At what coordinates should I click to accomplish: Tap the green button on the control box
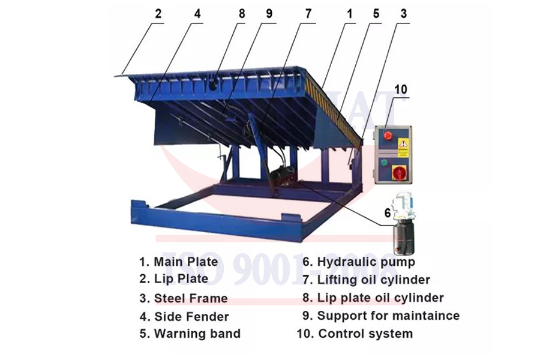pyautogui.click(x=384, y=161)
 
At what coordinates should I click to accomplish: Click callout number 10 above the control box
pyautogui.click(x=400, y=90)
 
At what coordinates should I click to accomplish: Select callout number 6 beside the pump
pyautogui.click(x=387, y=212)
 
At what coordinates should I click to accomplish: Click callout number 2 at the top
pyautogui.click(x=158, y=14)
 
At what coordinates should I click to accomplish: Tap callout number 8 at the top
pyautogui.click(x=242, y=14)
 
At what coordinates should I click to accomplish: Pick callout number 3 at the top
pyautogui.click(x=403, y=14)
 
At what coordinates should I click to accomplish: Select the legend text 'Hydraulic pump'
pyautogui.click(x=365, y=262)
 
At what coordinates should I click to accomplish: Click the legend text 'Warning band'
pyautogui.click(x=197, y=334)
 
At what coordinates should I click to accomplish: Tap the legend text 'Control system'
pyautogui.click(x=365, y=334)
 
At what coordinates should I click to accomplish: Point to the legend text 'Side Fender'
pyautogui.click(x=191, y=316)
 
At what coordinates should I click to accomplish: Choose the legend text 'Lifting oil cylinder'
pyautogui.click(x=373, y=280)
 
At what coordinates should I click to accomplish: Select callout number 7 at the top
pyautogui.click(x=308, y=14)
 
